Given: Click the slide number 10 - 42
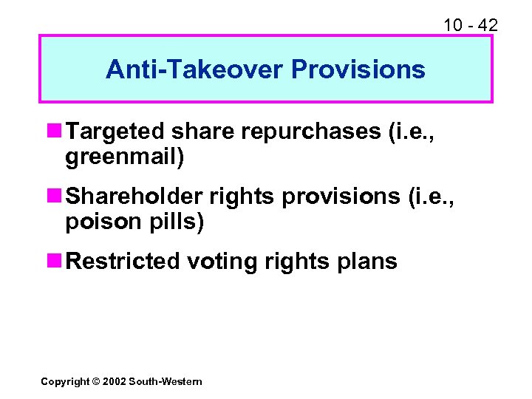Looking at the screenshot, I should (471, 25).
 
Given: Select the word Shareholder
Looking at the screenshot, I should (134, 196).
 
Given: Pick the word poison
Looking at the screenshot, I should (98, 222).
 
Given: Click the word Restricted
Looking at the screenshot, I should (123, 261).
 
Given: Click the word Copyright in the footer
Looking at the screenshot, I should (64, 381).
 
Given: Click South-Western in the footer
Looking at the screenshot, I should (165, 381).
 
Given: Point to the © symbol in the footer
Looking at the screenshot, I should (94, 381).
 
